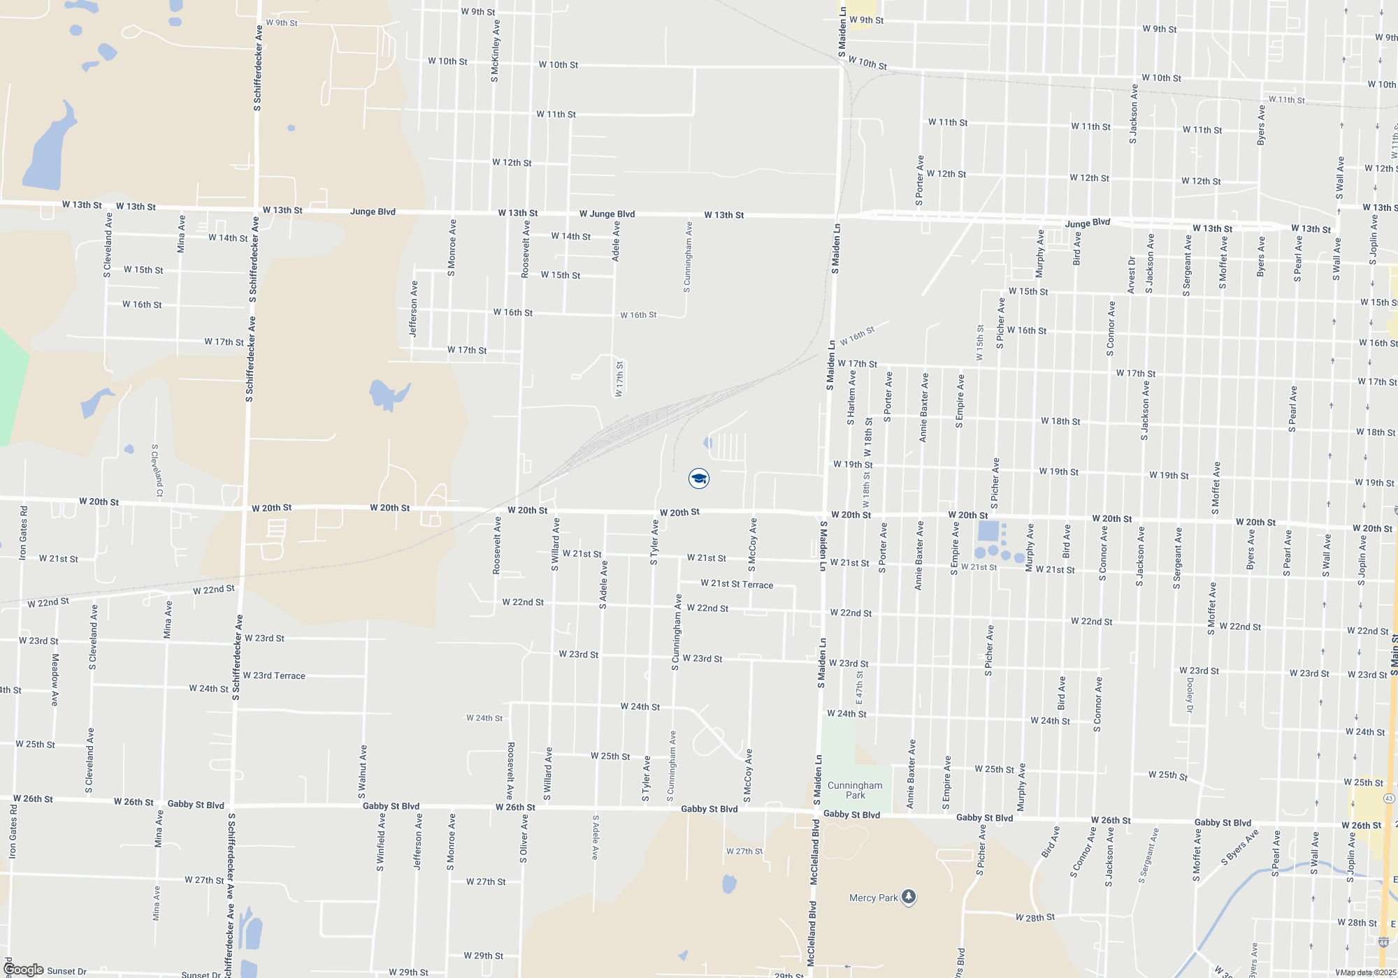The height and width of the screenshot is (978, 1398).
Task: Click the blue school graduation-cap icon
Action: coord(699,479)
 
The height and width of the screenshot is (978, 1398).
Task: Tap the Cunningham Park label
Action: coord(855,790)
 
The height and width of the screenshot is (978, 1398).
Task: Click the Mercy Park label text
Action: coord(873,898)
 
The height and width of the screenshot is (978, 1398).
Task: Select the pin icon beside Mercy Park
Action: coord(909,896)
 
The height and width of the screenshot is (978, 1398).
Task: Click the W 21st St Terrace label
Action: coord(737,584)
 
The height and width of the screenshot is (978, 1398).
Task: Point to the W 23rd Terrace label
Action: coord(274,676)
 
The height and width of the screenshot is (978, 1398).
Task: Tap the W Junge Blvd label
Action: coord(607,214)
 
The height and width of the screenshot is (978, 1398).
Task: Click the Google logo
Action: coord(23,970)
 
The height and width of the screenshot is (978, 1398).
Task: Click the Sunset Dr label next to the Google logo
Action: coord(67,971)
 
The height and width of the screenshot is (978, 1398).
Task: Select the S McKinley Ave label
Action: coord(496,51)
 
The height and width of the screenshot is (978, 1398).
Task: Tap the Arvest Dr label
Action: coord(1132,275)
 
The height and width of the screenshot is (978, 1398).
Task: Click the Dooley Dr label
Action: coord(1190,694)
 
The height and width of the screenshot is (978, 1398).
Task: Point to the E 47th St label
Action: coord(859,687)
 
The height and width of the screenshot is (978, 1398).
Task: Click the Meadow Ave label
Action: coord(55,680)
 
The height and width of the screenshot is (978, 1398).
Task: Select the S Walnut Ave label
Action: coord(363,772)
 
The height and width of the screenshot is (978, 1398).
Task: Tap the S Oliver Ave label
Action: coord(524,838)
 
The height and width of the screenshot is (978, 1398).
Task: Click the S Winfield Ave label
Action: coord(381,842)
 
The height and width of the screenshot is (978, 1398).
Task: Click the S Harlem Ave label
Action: coord(851,397)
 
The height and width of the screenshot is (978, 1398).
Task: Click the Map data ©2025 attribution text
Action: coord(1367,972)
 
